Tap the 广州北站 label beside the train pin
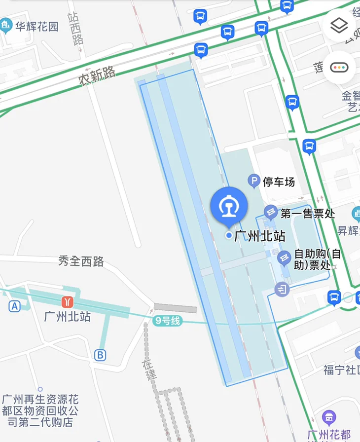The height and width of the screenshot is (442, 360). pyautogui.click(x=260, y=236)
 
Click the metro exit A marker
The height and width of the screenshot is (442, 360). pyautogui.click(x=14, y=306)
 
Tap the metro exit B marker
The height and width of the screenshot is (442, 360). pyautogui.click(x=100, y=355)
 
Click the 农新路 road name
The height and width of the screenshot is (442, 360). pyautogui.click(x=97, y=76)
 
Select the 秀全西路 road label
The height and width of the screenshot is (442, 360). pyautogui.click(x=81, y=261)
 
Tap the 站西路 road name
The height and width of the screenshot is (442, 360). pyautogui.click(x=75, y=29)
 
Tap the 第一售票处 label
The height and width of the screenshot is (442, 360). pyautogui.click(x=308, y=214)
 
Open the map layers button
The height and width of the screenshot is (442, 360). pyautogui.click(x=339, y=26)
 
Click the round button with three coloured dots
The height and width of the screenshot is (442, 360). pyautogui.click(x=340, y=67)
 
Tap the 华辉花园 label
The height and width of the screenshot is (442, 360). pyautogui.click(x=36, y=25)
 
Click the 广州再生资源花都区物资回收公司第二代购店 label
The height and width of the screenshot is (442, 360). pyautogui.click(x=40, y=410)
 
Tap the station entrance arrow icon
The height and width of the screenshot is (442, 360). pyautogui.click(x=282, y=289)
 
